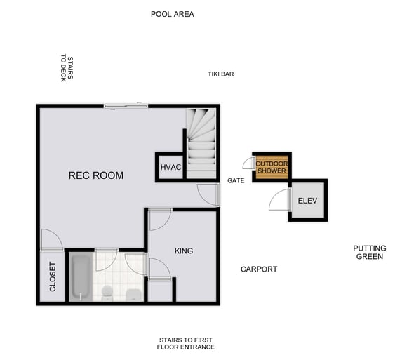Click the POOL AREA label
click(172, 14)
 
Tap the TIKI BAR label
click(220, 74)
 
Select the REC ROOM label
click(95, 175)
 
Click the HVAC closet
click(170, 167)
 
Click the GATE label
click(235, 181)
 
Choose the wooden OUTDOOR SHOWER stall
click(271, 167)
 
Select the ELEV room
click(307, 201)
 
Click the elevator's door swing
click(280, 200)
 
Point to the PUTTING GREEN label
click(369, 252)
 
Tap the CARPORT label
click(258, 269)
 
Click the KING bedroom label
click(183, 251)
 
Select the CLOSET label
click(53, 277)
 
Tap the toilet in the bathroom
click(107, 292)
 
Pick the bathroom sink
click(134, 293)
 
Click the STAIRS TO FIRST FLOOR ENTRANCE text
click(186, 343)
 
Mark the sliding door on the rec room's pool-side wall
click(126, 106)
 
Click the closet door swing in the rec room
click(51, 241)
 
